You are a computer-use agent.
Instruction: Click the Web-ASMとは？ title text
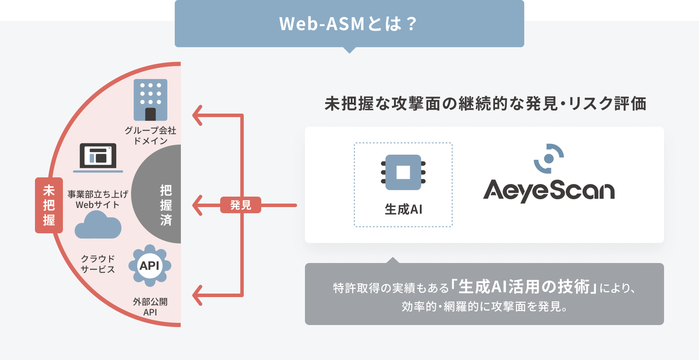(x=349, y=24)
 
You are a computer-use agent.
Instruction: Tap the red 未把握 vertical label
(x=49, y=205)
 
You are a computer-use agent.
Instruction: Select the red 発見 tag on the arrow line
(x=240, y=205)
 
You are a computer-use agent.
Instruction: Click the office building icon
(x=150, y=100)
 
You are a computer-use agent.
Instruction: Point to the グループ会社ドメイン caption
(x=150, y=135)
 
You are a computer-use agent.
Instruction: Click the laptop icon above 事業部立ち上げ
(x=98, y=157)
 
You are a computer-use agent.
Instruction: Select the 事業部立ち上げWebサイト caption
(x=98, y=199)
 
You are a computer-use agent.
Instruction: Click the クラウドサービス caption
(x=98, y=264)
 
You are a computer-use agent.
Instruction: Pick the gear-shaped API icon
(x=150, y=265)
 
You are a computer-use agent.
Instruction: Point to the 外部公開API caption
(x=150, y=307)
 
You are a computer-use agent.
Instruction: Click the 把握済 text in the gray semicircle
(x=166, y=205)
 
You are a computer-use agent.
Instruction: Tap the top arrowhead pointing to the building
(x=198, y=115)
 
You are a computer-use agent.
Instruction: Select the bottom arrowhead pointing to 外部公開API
(x=198, y=295)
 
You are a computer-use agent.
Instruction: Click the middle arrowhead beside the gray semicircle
(x=198, y=205)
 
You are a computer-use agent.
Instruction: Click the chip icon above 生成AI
(x=403, y=172)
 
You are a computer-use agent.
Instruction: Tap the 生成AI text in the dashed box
(x=403, y=209)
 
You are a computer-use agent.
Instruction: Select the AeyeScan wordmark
(x=549, y=190)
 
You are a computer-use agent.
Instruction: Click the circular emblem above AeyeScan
(x=549, y=158)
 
